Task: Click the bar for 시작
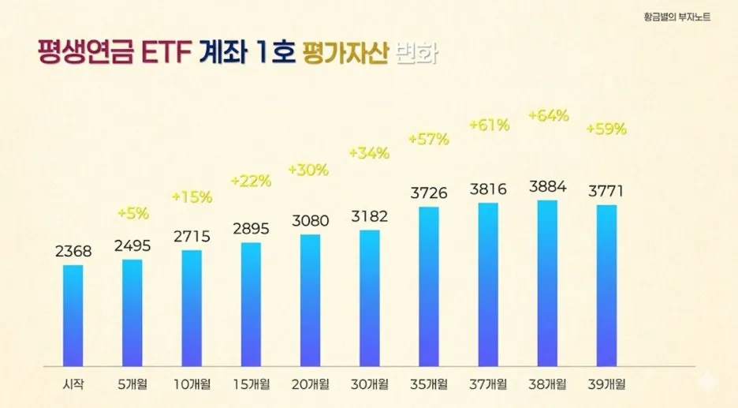73,315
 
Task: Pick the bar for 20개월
311,300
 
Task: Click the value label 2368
73,252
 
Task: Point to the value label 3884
548,188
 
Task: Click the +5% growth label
132,212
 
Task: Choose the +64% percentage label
549,116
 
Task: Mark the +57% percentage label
429,140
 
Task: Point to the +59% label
606,129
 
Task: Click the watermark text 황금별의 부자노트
676,15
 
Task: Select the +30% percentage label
310,170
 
